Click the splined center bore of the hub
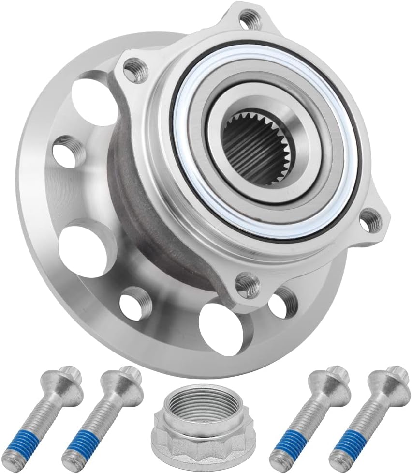252,148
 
